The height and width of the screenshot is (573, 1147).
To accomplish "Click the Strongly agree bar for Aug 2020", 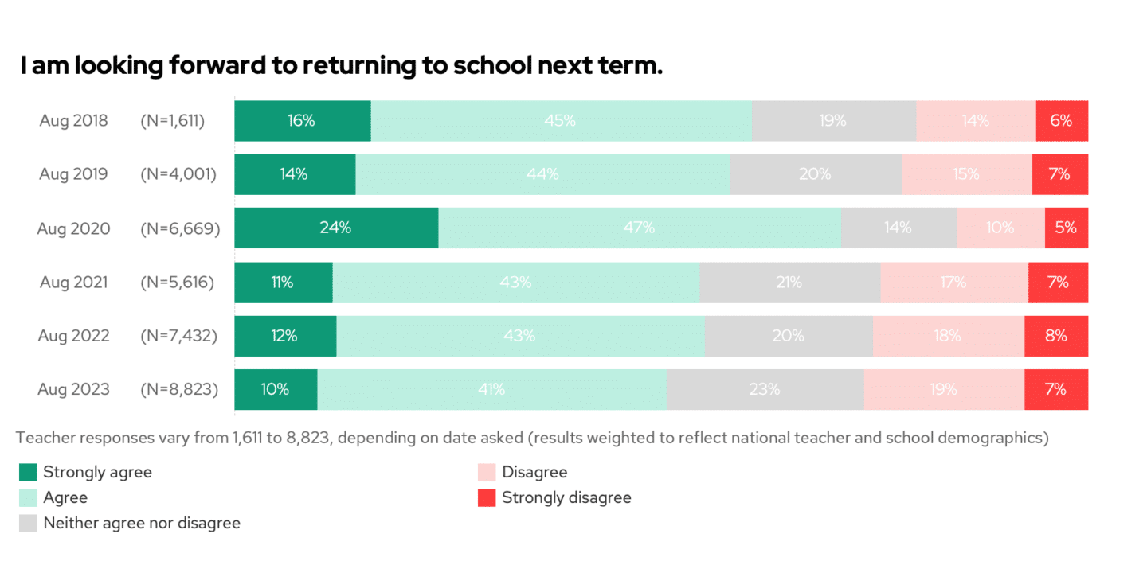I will (336, 228).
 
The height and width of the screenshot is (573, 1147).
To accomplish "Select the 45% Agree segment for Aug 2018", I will (561, 121).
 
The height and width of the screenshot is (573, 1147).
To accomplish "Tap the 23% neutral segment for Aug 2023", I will (765, 390).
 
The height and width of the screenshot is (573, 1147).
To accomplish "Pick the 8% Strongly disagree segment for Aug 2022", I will (1056, 336).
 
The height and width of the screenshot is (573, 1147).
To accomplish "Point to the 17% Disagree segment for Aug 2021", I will (954, 283).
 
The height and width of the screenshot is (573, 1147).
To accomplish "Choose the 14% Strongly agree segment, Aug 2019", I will (295, 174).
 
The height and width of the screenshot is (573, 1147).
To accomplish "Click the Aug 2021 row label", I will (73, 282).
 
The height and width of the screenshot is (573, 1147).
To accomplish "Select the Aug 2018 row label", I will (73, 121).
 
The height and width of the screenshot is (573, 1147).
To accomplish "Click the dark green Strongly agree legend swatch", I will (28, 473).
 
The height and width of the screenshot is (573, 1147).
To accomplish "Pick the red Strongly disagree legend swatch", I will (487, 498).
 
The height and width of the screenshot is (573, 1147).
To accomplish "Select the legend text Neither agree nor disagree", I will (142, 524).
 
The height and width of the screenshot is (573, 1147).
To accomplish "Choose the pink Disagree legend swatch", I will (487, 473).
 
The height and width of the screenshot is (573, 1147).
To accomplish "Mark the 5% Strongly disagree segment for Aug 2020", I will (1066, 228).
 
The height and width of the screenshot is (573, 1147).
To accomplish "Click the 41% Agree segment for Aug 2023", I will (491, 390).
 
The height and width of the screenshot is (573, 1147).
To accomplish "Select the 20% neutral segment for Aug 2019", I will (816, 174).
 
